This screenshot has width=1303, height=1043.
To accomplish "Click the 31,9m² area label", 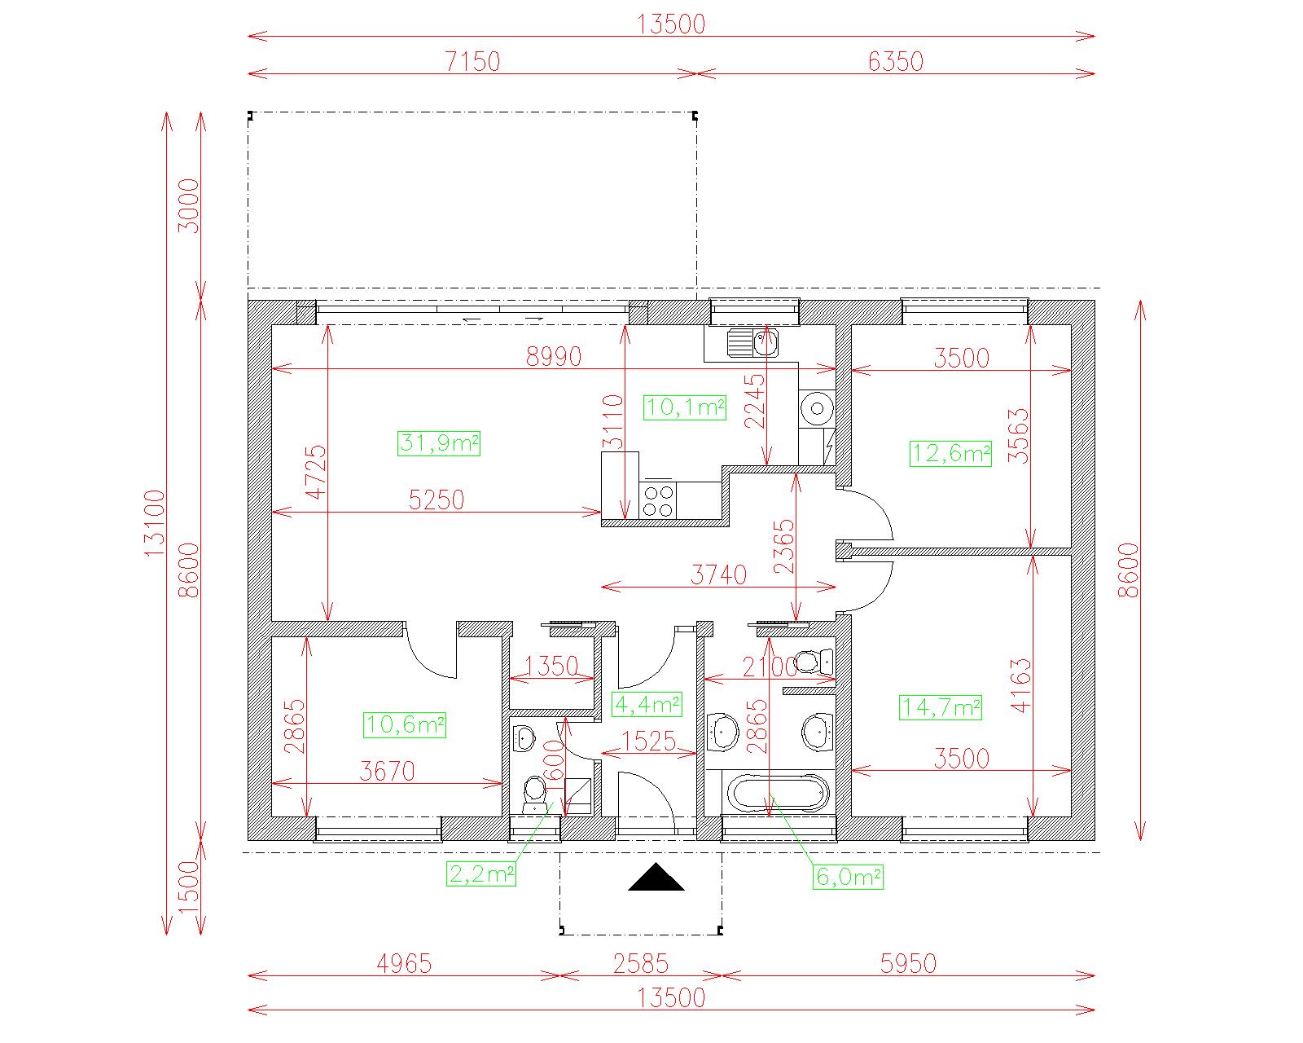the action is (x=439, y=443).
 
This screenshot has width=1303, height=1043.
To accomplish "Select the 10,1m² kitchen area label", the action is (x=685, y=407).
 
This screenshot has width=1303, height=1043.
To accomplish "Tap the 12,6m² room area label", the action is (x=950, y=453).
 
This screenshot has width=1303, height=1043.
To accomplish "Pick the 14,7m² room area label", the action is (x=941, y=707).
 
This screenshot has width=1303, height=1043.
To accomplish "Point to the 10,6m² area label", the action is (x=405, y=725).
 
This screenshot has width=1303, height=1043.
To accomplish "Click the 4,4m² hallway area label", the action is (x=647, y=704).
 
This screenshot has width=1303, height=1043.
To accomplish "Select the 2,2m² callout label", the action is (x=481, y=874).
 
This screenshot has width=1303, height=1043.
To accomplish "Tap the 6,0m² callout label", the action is (x=849, y=877).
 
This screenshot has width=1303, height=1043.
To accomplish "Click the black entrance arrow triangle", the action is (x=656, y=878).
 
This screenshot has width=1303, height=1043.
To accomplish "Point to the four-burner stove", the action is (x=658, y=500).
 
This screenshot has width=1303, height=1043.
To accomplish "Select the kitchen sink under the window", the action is (x=752, y=343).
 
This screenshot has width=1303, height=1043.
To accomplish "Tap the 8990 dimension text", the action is (x=554, y=357).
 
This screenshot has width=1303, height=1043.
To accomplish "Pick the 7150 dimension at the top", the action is (x=473, y=62).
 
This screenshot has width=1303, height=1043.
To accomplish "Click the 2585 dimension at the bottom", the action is (x=641, y=964).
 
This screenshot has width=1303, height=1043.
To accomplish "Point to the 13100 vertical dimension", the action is (x=155, y=523).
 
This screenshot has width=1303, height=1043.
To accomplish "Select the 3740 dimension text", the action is (x=719, y=575).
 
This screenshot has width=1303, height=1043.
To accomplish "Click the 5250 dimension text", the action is (x=437, y=500).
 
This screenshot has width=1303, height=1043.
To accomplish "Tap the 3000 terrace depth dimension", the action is (x=189, y=205).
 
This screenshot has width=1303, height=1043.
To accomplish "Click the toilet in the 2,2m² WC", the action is (x=534, y=795).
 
